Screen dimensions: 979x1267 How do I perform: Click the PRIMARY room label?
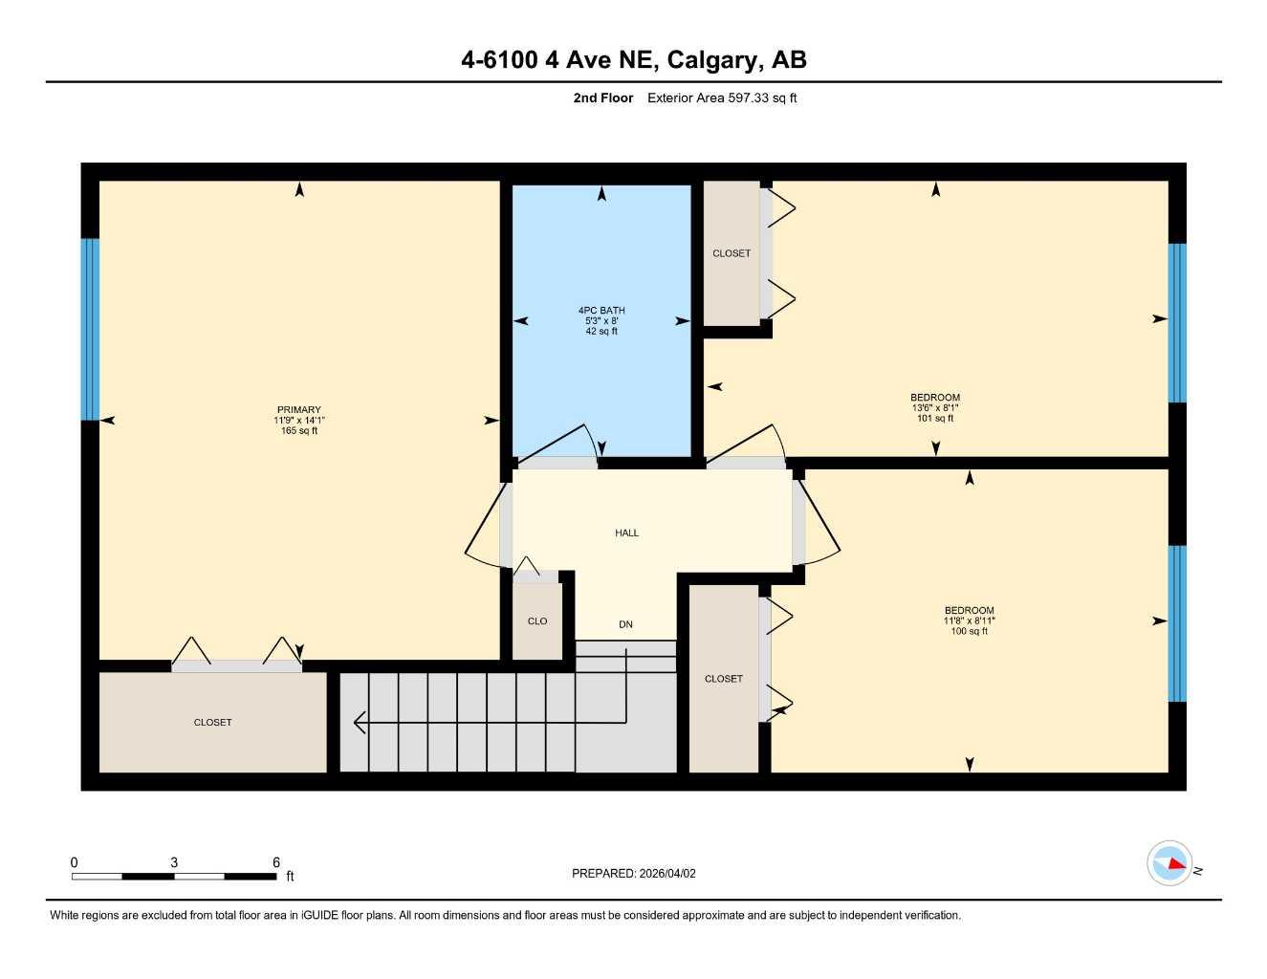tap(298, 409)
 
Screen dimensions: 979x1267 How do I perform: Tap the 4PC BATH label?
tap(601, 310)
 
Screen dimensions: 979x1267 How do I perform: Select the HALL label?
tap(626, 533)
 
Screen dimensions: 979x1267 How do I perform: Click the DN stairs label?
tap(625, 624)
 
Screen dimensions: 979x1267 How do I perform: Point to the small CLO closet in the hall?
tap(537, 620)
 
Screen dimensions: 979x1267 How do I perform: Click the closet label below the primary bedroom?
tap(212, 722)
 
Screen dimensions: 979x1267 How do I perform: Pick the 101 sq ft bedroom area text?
tap(935, 418)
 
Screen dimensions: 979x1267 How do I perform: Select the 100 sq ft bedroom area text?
tap(969, 631)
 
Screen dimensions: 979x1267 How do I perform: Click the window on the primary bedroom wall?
tap(90, 329)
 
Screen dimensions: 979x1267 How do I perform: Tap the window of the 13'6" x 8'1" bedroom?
tap(1177, 322)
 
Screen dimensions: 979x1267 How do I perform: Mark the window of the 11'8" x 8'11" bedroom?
tap(1177, 623)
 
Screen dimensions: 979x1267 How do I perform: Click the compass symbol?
tap(1169, 863)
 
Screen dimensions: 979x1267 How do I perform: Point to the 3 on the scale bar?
tap(174, 862)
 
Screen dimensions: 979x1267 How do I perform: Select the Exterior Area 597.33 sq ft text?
tap(722, 98)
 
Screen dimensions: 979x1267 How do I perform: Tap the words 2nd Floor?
tap(602, 98)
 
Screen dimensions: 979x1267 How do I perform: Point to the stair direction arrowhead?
tap(359, 722)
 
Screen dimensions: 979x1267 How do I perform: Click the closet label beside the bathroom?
tap(732, 253)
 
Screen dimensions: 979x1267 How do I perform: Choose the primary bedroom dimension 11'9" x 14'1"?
tap(298, 420)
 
